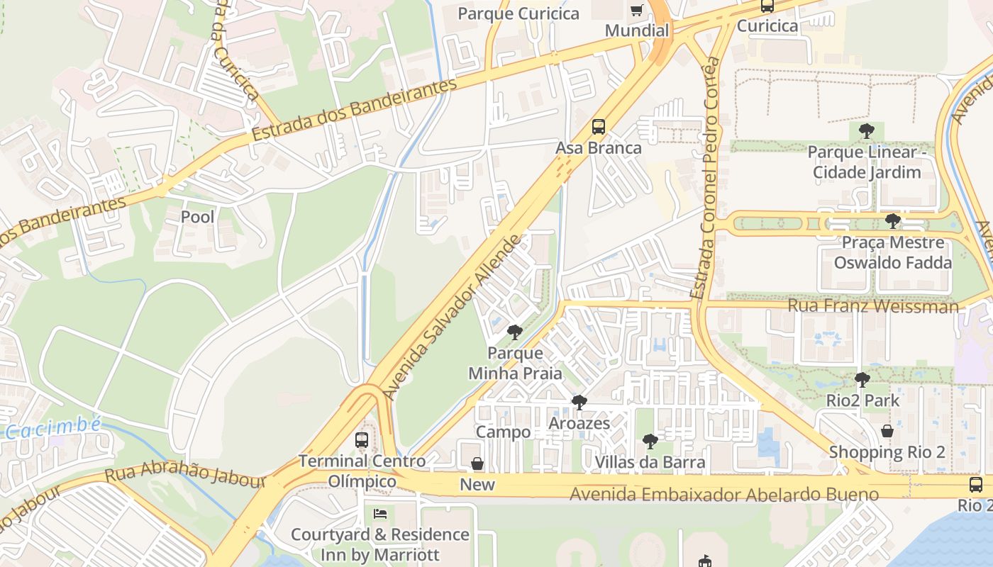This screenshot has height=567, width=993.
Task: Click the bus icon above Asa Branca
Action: [599, 128]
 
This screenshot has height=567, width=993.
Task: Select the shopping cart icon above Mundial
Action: [636, 10]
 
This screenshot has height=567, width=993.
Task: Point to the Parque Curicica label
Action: [518, 13]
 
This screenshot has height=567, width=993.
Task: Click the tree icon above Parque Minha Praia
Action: [515, 332]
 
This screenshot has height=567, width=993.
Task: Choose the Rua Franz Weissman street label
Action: [872, 306]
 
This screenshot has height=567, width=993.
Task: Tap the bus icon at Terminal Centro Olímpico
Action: [362, 440]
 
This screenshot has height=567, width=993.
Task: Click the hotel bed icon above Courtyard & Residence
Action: [380, 513]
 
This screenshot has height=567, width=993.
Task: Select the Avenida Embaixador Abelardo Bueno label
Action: [724, 494]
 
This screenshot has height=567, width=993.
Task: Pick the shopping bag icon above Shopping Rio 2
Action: [887, 431]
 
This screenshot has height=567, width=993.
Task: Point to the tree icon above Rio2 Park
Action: [862, 380]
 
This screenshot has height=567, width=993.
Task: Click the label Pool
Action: [197, 217]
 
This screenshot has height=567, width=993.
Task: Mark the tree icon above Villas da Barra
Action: [650, 442]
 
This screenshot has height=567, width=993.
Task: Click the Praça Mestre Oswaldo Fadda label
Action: [892, 252]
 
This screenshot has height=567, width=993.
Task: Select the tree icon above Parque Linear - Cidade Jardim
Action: [866, 131]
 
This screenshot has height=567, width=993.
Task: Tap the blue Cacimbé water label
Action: [53, 427]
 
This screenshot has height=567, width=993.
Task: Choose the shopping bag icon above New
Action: [477, 464]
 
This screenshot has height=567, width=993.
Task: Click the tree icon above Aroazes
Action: [579, 403]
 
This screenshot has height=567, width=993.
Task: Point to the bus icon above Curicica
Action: [767, 6]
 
